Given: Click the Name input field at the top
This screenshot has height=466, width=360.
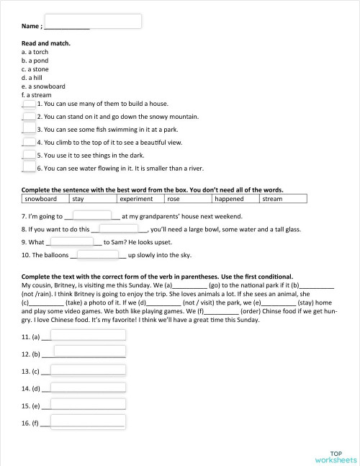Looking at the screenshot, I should [x=93, y=21].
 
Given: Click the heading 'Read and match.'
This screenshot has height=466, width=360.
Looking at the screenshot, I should [x=46, y=43].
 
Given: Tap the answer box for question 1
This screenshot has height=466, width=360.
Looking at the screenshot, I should [x=29, y=104].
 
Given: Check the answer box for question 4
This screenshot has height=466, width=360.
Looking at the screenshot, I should [x=29, y=142].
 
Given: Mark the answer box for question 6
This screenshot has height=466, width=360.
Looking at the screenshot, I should [x=29, y=168].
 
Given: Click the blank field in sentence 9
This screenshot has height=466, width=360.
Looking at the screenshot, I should [x=74, y=242].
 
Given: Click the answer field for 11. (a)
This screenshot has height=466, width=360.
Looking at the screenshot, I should [x=88, y=335].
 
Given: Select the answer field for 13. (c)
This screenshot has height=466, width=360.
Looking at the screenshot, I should [x=88, y=370].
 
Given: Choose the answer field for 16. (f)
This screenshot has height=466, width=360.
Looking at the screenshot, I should [x=88, y=424].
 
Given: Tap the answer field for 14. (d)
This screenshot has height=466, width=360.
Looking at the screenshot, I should [x=88, y=388].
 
